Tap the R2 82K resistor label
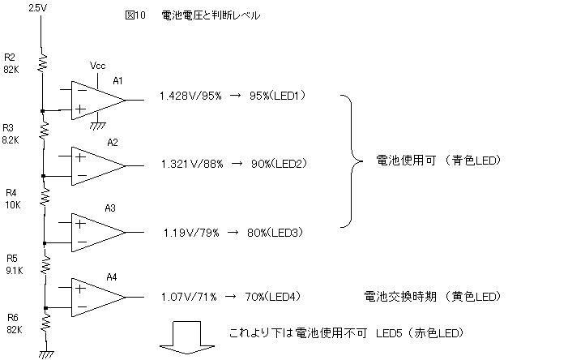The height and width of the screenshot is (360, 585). tap(12, 64)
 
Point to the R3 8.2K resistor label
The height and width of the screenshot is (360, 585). tap(12, 134)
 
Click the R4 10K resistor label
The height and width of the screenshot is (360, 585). tap(12, 199)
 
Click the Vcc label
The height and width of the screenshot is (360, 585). tap(97, 65)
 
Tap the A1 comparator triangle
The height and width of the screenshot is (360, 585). tap(96, 101)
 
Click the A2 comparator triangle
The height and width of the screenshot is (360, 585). tap(96, 165)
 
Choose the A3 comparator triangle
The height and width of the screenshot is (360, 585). tap(96, 231)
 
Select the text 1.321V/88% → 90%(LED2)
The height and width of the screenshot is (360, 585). tap(233, 164)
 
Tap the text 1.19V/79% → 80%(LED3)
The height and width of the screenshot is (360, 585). tap(233, 234)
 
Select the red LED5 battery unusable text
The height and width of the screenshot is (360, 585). tap(346, 333)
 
